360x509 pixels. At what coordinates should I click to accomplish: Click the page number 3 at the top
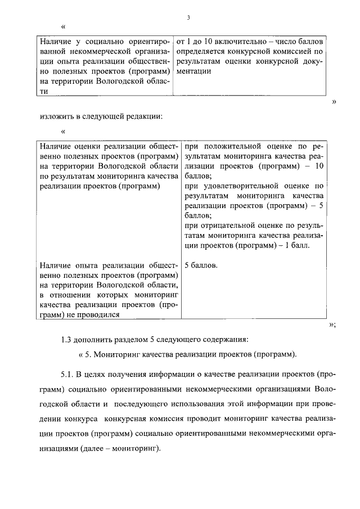189,18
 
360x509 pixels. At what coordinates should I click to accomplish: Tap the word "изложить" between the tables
56,117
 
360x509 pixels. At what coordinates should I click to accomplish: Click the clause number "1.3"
67,340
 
